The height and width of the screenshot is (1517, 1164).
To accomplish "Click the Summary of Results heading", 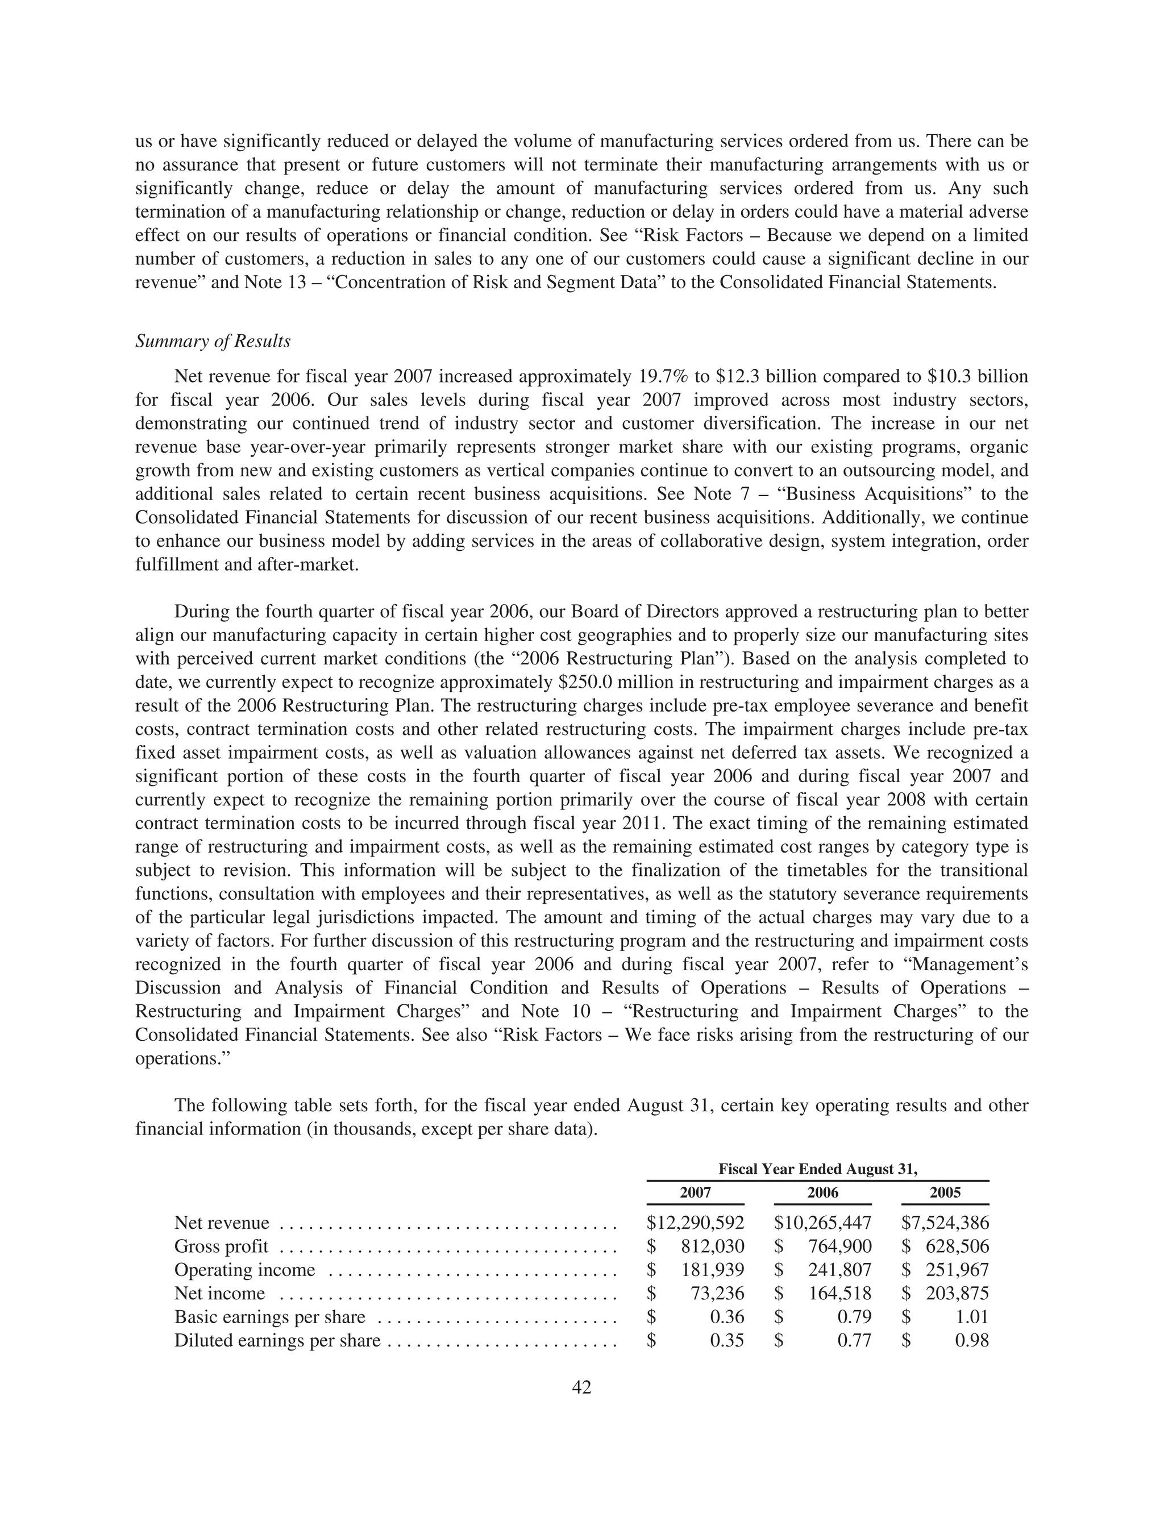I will tap(213, 342).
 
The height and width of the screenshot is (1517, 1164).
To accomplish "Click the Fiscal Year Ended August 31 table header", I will tap(817, 1169).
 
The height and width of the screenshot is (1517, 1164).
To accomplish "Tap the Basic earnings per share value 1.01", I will tap(971, 1317).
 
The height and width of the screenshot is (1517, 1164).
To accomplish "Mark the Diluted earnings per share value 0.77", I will tap(854, 1340).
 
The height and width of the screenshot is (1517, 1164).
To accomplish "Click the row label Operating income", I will tap(244, 1270).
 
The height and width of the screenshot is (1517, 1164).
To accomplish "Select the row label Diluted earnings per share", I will tap(277, 1340).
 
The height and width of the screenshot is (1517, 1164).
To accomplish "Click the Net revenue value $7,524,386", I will tap(945, 1223).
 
